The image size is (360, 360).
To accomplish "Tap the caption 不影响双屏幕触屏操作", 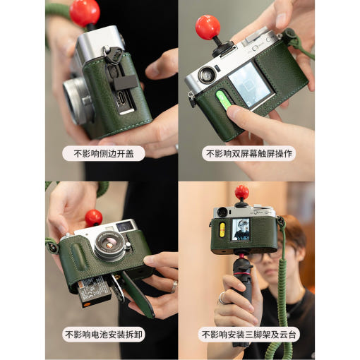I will coord(249,153).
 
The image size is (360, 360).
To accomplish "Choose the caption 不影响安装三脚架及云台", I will coord(249,334).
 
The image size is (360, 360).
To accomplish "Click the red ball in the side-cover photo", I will coord(85,12).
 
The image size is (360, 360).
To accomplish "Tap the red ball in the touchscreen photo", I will coord(208,27).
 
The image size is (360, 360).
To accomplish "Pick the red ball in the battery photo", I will coord(93,217).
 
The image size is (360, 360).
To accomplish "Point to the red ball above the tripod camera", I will coord(241,193).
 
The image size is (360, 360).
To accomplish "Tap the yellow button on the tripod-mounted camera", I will coord(220,229).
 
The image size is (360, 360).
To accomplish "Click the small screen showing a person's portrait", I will coord(241,229).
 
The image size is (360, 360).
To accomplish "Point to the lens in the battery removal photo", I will coord(112,246).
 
